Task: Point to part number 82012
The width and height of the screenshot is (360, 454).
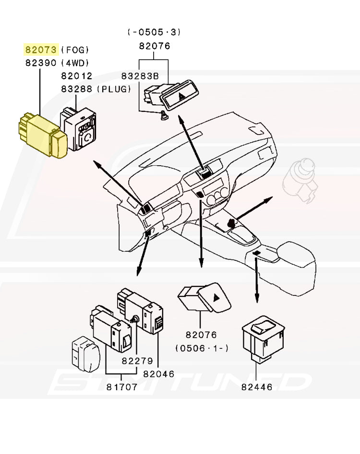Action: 76,76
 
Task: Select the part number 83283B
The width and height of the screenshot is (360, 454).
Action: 140,76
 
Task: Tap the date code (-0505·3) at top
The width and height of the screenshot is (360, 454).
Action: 154,33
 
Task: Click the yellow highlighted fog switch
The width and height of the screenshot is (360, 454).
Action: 42,136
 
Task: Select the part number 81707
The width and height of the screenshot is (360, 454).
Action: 122,387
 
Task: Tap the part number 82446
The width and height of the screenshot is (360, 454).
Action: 257,386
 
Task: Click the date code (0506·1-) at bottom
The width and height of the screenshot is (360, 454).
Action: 202,347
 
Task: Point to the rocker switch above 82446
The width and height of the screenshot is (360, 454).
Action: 263,338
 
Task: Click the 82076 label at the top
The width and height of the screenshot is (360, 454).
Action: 154,47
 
